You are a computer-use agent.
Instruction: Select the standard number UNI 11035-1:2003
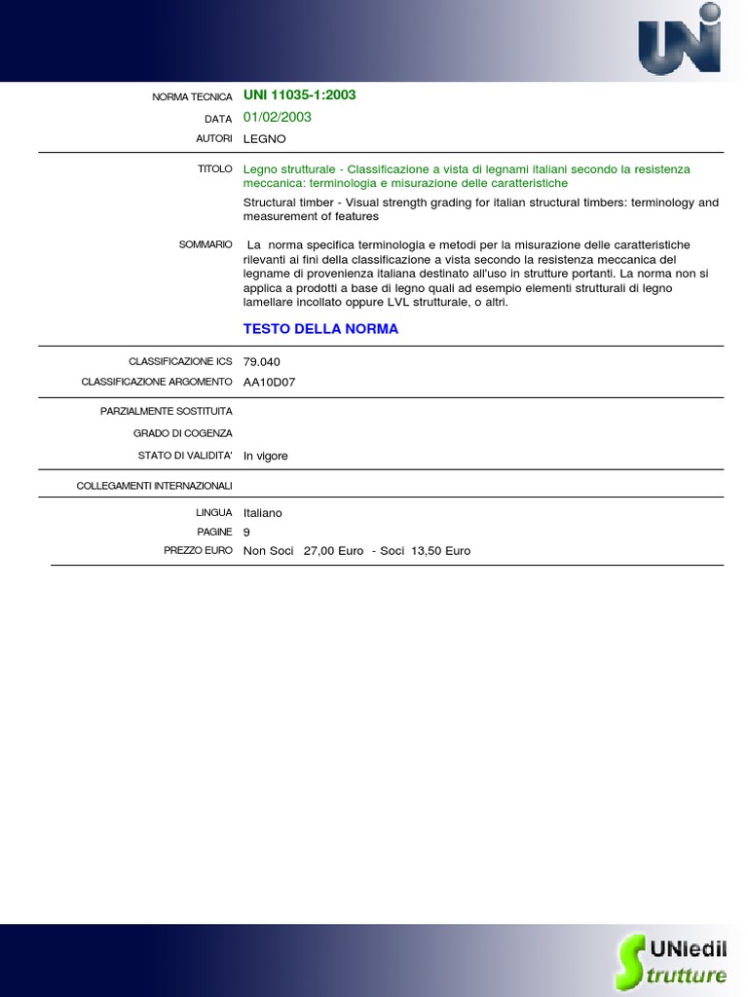click(x=299, y=95)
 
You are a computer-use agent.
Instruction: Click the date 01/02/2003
click(x=278, y=117)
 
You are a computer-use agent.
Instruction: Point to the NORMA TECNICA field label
click(x=192, y=97)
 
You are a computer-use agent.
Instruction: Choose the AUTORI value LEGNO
click(x=265, y=139)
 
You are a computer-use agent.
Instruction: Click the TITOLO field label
click(x=214, y=169)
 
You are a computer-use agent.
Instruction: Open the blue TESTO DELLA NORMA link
click(x=320, y=329)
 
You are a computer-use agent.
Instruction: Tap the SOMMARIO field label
click(x=206, y=244)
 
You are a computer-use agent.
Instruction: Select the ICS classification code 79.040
click(x=262, y=362)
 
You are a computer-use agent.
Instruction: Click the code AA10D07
click(x=269, y=383)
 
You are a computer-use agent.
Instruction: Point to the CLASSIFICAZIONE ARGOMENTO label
click(x=157, y=383)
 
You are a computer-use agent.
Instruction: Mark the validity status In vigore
click(x=266, y=457)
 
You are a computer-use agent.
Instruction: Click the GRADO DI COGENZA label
click(x=183, y=433)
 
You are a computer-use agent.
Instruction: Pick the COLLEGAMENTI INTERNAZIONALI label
click(x=154, y=486)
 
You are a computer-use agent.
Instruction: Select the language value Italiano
click(x=263, y=513)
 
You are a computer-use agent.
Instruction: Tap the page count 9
click(x=247, y=533)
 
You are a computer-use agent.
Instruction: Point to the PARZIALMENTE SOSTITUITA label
click(x=166, y=412)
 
